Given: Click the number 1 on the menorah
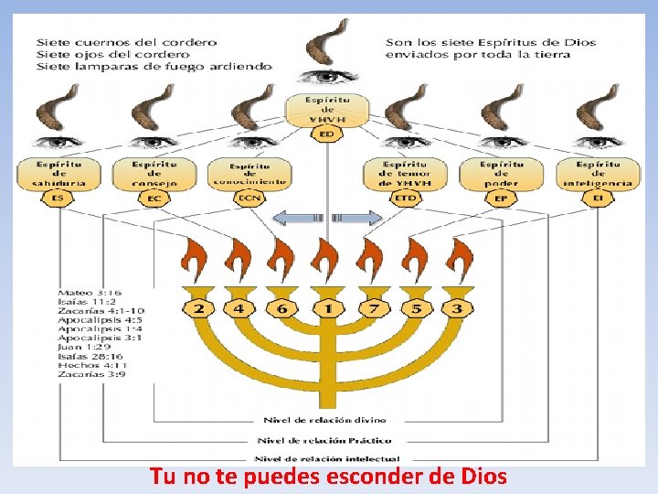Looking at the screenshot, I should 327,308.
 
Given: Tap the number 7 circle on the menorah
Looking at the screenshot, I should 372,308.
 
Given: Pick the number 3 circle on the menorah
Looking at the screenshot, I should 457,308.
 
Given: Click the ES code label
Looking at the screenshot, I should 58,197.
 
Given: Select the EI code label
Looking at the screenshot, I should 599,197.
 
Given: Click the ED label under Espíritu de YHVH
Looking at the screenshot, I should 327,134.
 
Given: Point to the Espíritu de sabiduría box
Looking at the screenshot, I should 60,173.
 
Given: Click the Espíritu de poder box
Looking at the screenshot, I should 501,173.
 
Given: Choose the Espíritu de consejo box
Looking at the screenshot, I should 154,173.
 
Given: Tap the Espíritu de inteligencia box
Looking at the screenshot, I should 598,173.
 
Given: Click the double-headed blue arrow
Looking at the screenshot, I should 327,218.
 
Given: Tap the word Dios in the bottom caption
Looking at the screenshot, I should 479,477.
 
